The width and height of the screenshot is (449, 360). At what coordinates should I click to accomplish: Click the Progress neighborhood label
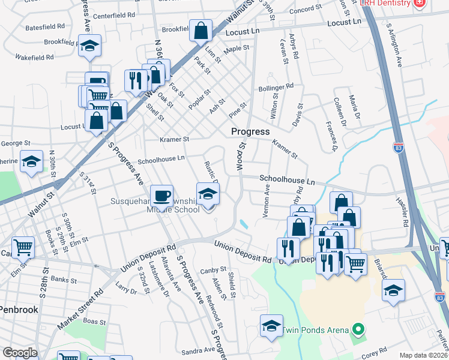[x=251, y=131]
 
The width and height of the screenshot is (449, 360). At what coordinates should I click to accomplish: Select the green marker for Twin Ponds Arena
[x=358, y=329]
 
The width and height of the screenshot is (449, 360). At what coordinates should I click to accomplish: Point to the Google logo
[x=20, y=353]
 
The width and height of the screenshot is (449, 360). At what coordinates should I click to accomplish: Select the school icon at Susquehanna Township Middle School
[x=208, y=194]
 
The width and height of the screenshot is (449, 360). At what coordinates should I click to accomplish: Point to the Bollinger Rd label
[x=276, y=86]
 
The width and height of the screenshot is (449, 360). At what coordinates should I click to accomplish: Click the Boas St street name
[x=94, y=321]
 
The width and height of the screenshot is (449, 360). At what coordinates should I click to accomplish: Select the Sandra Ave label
[x=198, y=350]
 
